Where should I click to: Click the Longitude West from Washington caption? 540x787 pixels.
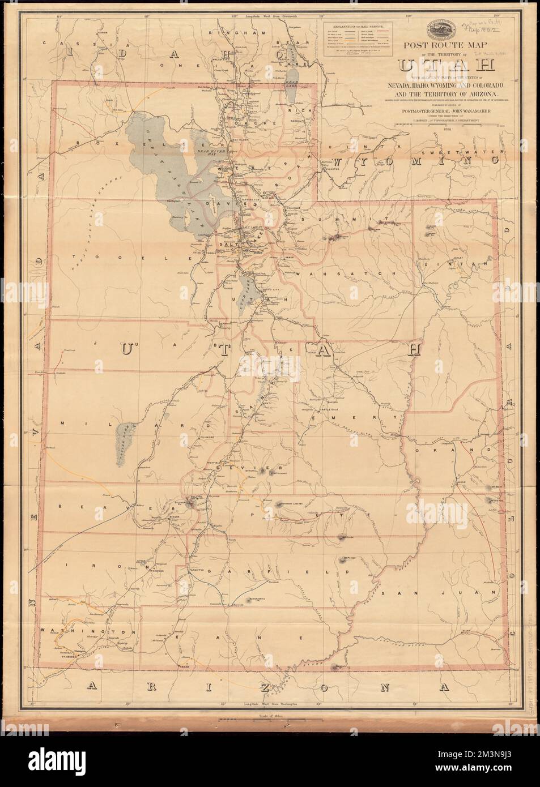point(270,705)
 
